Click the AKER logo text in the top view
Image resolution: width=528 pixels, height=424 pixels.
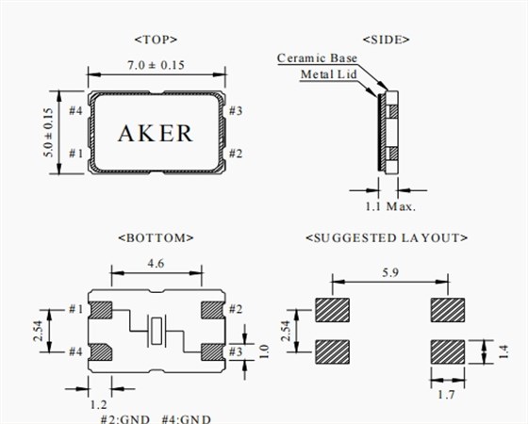tap(156, 133)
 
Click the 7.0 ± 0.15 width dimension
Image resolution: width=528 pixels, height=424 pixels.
tap(156, 65)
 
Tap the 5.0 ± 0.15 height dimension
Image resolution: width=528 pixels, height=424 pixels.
tap(48, 132)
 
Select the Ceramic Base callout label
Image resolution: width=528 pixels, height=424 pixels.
tap(317, 58)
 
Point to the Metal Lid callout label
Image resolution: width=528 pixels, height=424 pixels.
tap(328, 74)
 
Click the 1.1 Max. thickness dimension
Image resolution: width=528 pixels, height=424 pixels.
tap(390, 206)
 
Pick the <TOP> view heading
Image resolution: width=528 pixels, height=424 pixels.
tap(156, 40)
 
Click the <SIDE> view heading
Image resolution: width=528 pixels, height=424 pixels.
tap(387, 40)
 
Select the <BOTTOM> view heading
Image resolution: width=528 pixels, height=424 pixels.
tap(156, 237)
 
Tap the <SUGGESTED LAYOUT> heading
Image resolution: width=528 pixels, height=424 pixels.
tap(387, 237)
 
